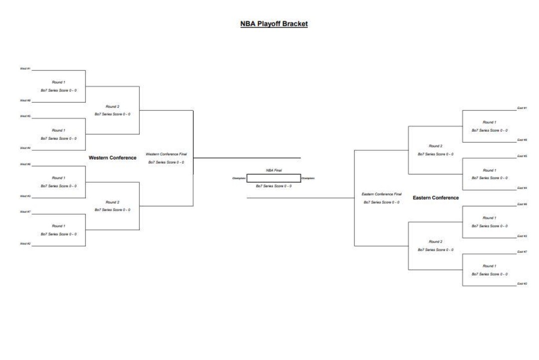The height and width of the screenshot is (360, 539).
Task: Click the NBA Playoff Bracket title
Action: [273, 24]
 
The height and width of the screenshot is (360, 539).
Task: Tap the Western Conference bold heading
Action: [112, 158]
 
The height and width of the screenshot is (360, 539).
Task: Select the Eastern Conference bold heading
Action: [436, 198]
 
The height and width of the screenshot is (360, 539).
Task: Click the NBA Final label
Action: [273, 170]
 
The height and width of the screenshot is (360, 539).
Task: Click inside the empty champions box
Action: [273, 178]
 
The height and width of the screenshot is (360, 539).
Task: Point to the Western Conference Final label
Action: [166, 154]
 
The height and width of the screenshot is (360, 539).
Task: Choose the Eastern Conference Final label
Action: [381, 194]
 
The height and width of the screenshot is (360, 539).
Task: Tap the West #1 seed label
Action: [25, 68]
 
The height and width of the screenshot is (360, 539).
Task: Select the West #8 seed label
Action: [25, 100]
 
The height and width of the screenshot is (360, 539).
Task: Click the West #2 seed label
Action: [25, 244]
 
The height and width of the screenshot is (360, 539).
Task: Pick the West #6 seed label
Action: [25, 164]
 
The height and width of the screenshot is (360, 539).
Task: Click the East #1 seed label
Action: [522, 108]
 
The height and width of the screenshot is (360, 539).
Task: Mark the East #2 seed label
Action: [522, 284]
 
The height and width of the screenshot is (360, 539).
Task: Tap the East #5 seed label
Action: [522, 156]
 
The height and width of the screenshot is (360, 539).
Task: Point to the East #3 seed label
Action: [522, 236]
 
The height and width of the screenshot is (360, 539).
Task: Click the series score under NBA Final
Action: [273, 186]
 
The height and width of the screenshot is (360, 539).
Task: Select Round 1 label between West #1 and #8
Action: [58, 82]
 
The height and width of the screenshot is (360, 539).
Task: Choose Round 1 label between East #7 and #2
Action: [489, 266]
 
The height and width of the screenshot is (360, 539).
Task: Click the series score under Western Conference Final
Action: [166, 162]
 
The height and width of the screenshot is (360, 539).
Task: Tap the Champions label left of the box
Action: [239, 178]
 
